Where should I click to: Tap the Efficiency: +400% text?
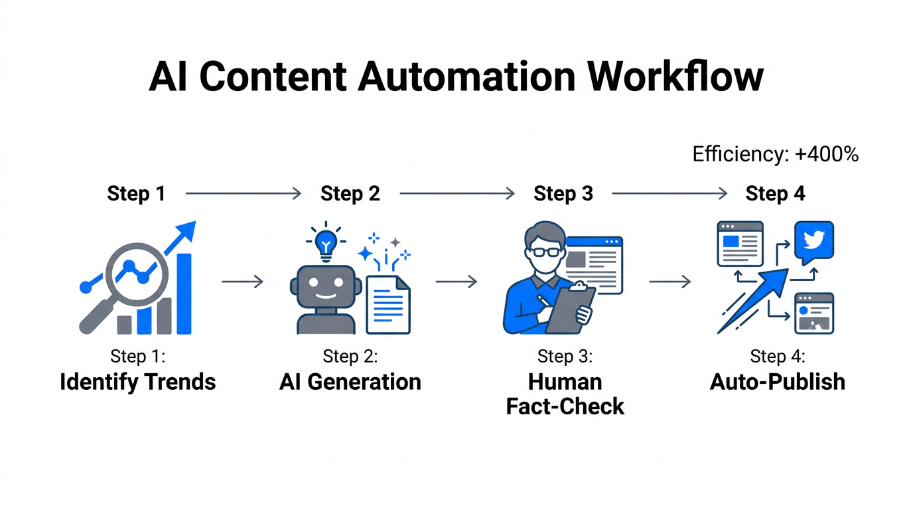click(x=775, y=154)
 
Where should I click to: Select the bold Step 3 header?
click(x=563, y=194)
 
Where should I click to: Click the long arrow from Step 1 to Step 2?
click(x=243, y=194)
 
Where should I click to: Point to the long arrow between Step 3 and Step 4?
click(x=669, y=194)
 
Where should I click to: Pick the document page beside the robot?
click(x=389, y=304)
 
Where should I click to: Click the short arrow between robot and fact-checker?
click(x=456, y=282)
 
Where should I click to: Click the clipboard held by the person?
click(x=572, y=309)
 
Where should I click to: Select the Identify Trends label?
click(x=138, y=382)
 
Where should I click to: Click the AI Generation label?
click(x=350, y=382)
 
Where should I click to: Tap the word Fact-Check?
click(x=565, y=406)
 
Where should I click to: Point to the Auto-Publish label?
click(x=778, y=382)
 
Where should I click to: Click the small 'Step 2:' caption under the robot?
click(x=350, y=357)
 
